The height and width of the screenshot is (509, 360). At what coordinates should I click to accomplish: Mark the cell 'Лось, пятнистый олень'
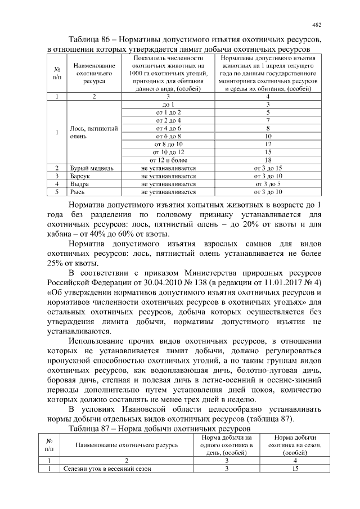93,132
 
